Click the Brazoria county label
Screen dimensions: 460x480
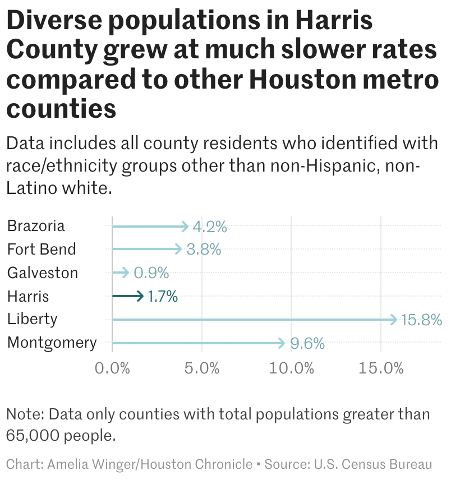tap(36, 226)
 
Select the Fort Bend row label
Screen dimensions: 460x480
tap(41, 249)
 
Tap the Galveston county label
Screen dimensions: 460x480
tap(42, 273)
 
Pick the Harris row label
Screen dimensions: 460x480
tap(28, 296)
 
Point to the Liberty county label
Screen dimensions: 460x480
tap(32, 319)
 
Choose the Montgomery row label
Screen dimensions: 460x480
tap(52, 343)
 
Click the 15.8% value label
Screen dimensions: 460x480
tap(421, 320)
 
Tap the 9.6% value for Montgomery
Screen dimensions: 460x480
tap(307, 344)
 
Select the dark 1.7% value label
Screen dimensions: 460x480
tap(163, 297)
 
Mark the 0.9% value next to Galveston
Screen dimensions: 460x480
tap(151, 273)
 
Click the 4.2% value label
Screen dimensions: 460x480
tap(209, 227)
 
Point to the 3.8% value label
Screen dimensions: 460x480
tap(203, 250)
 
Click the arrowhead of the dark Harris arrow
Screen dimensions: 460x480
tap(141, 296)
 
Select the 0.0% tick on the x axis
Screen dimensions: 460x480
tap(112, 369)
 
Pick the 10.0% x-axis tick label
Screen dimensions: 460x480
tap(291, 369)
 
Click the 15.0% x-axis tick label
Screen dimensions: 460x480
tap(381, 369)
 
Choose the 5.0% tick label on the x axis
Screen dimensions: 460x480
tap(201, 369)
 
